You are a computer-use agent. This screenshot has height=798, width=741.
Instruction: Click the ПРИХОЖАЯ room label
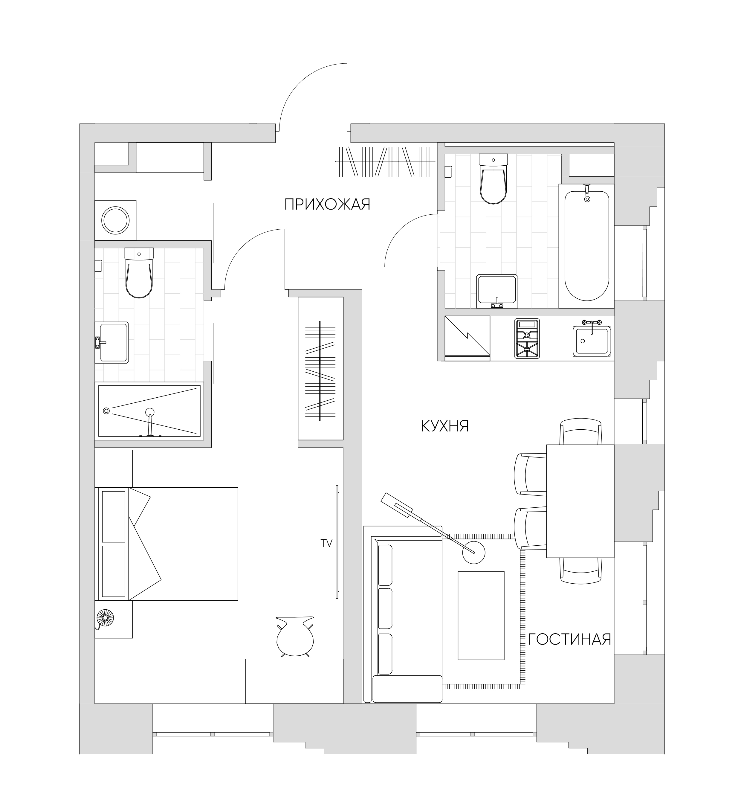click(327, 205)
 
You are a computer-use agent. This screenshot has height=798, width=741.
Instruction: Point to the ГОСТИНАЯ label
click(570, 650)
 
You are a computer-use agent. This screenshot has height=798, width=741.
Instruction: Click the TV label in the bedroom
click(327, 543)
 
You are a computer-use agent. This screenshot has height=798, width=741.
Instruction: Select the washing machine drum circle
click(115, 220)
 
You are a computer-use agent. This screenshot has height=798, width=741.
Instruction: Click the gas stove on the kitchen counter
click(527, 338)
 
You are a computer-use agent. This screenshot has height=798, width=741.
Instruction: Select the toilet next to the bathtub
click(494, 180)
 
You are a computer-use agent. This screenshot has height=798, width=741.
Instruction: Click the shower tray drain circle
click(106, 411)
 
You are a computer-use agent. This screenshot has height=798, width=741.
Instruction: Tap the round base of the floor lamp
click(473, 553)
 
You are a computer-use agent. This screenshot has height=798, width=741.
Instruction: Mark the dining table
click(580, 501)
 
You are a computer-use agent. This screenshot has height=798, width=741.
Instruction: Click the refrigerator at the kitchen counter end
click(467, 338)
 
